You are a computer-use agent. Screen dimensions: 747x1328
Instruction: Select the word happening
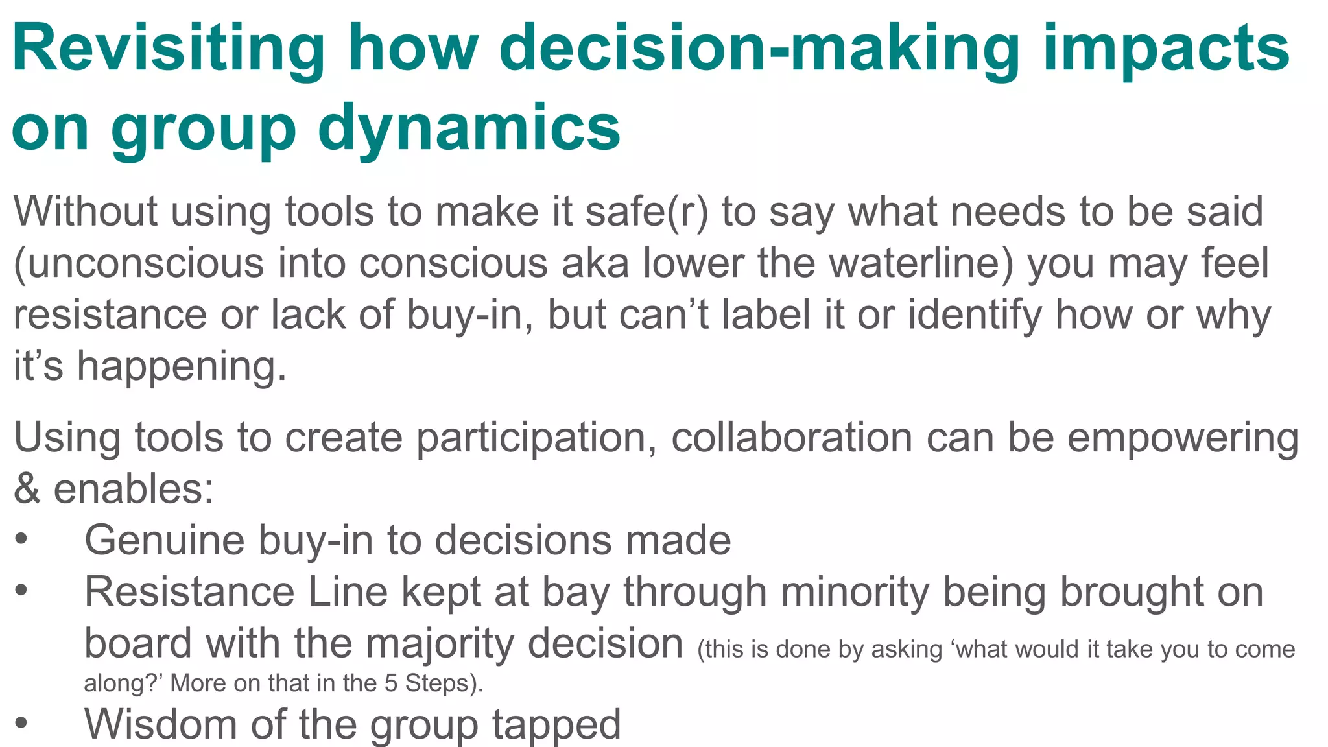(181, 367)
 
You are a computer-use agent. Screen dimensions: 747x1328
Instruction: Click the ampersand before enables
(27, 489)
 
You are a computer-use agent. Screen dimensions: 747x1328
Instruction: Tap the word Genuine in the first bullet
(165, 541)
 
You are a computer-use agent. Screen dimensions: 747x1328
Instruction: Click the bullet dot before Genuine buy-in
(21, 539)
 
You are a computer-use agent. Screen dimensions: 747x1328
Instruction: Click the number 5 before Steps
(390, 683)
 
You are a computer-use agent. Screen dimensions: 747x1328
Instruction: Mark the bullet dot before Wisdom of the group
(21, 722)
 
